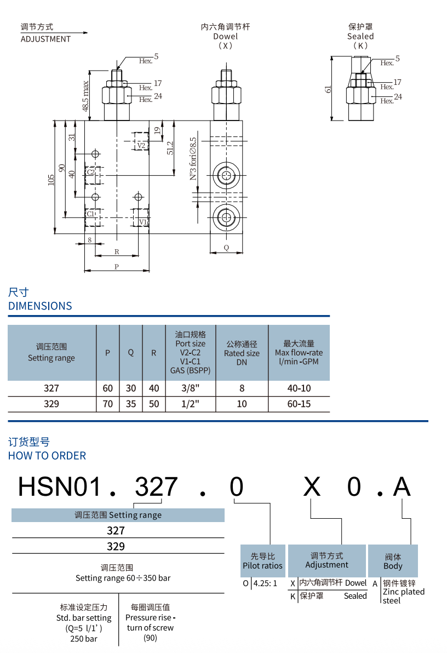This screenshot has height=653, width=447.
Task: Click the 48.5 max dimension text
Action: (86, 96)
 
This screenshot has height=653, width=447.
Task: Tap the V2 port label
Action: (141, 145)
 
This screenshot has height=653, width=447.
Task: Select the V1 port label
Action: (142, 222)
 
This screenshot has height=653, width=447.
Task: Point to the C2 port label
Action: (90, 172)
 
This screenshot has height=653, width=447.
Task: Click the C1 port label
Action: (91, 214)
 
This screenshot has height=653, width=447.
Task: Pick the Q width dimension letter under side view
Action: (226, 248)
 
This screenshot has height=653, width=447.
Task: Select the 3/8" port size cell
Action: (190, 388)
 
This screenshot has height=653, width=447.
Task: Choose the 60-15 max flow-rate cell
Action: (299, 404)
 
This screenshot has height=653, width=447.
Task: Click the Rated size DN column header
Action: (242, 353)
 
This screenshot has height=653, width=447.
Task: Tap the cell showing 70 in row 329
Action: (108, 404)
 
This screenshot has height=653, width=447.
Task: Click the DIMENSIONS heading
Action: (40, 306)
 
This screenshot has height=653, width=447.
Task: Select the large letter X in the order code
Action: (312, 486)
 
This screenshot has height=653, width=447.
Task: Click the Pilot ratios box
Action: (263, 561)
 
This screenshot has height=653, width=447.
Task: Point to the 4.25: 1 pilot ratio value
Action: (265, 583)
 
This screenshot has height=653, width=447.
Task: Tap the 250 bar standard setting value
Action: (84, 638)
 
